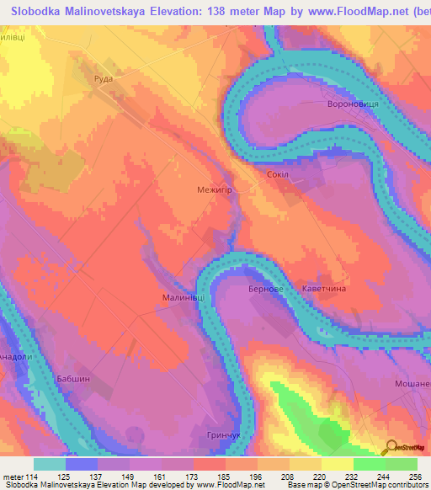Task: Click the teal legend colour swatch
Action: point(50,464)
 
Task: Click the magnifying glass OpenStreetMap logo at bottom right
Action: point(391,446)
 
